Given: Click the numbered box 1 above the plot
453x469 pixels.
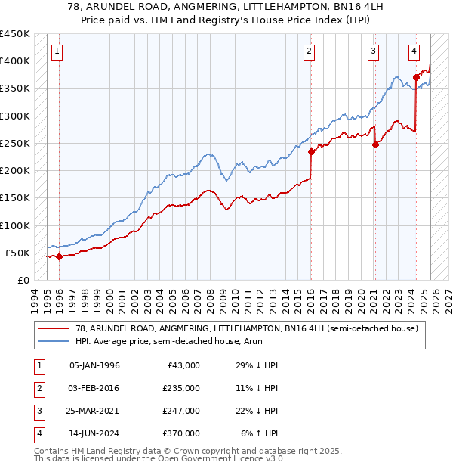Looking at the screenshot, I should point(57,51).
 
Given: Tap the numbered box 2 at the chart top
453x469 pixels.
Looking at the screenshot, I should point(310,51).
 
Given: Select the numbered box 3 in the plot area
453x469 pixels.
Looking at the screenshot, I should point(374,51).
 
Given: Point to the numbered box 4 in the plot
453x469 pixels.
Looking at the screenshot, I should point(414,51).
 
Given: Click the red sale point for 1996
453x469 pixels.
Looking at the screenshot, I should point(59,256).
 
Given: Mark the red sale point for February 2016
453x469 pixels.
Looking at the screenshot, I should point(311,151).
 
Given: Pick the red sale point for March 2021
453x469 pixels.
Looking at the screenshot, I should point(375,145).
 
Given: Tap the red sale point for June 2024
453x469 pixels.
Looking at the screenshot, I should point(416,76).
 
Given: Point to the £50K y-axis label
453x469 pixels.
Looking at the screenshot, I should point(17,253).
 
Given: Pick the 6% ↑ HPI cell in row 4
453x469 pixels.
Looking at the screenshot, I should point(260,433).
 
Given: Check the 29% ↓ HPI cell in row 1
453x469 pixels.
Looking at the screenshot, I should point(258,365).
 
